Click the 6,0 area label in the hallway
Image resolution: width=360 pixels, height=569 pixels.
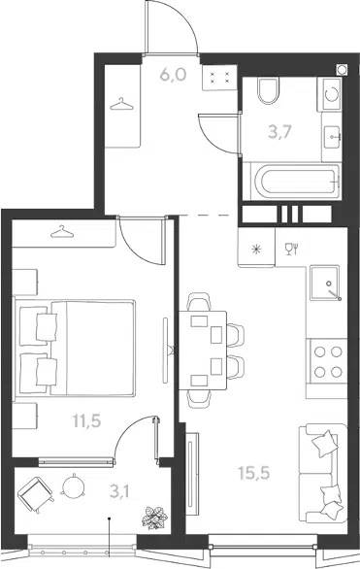[173, 75]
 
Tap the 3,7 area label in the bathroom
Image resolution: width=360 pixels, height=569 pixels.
[279, 132]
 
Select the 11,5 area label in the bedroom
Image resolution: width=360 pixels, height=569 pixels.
[86, 421]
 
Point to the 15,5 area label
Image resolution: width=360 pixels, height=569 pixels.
[254, 473]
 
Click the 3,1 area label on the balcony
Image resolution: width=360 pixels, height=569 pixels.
[119, 492]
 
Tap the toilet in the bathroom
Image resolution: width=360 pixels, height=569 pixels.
[269, 90]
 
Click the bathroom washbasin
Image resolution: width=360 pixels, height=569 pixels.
[332, 137]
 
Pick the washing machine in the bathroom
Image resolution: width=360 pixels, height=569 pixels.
[330, 94]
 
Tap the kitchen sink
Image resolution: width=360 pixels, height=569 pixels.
[325, 284]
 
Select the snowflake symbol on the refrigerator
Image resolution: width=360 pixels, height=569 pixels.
[256, 249]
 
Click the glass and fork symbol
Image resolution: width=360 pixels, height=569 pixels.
[291, 249]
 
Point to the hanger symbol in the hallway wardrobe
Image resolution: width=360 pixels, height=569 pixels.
[122, 104]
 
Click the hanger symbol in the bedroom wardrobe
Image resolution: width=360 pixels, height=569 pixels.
[62, 232]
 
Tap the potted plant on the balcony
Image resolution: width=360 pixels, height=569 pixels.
[155, 518]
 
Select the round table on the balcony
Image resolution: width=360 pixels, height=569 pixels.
[73, 485]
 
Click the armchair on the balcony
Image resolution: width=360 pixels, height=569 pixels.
[35, 494]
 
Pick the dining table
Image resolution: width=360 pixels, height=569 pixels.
[203, 351]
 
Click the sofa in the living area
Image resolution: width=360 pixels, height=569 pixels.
[322, 473]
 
